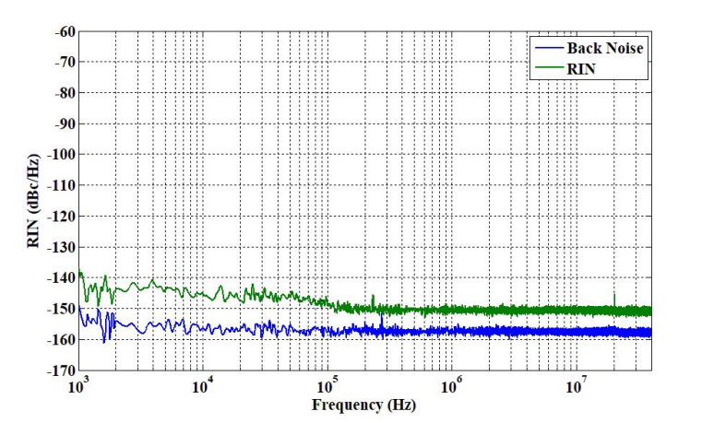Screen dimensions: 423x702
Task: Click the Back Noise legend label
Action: pyautogui.click(x=604, y=48)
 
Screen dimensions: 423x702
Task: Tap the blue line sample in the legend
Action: pyautogui.click(x=547, y=48)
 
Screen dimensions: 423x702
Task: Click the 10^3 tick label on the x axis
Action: pyautogui.click(x=78, y=386)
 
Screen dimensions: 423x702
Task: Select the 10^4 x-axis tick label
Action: pyautogui.click(x=203, y=386)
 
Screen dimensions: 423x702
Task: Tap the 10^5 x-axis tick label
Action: pyautogui.click(x=327, y=386)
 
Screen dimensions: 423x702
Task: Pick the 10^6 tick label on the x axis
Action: pyautogui.click(x=452, y=386)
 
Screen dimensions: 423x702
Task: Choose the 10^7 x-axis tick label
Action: pyautogui.click(x=577, y=386)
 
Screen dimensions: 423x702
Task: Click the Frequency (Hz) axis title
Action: pyautogui.click(x=363, y=405)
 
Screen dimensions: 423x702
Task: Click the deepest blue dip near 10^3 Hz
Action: pyautogui.click(x=104, y=340)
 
